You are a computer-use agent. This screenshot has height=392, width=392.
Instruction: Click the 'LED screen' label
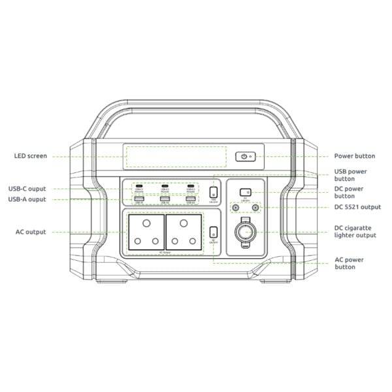(29, 156)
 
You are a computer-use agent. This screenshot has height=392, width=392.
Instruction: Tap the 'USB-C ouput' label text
(27, 189)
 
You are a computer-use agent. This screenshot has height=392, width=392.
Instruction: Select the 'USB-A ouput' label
(27, 199)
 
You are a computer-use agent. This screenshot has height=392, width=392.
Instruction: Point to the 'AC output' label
(31, 232)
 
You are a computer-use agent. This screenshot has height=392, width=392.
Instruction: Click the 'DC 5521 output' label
(357, 207)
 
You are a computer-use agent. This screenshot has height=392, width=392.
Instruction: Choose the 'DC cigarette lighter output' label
(355, 231)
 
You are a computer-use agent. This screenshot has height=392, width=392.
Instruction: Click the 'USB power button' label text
(353, 174)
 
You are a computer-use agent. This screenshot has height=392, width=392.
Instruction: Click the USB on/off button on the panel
(214, 191)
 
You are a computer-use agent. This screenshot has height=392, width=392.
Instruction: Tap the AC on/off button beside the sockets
(214, 231)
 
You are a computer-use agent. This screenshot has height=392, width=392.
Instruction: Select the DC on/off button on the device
(245, 192)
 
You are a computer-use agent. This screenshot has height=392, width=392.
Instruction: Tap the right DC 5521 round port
(255, 208)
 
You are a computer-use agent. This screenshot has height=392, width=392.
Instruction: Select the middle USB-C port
(165, 187)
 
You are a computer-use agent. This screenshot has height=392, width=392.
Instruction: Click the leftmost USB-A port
(139, 198)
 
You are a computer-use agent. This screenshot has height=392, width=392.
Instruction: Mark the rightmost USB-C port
(190, 187)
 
